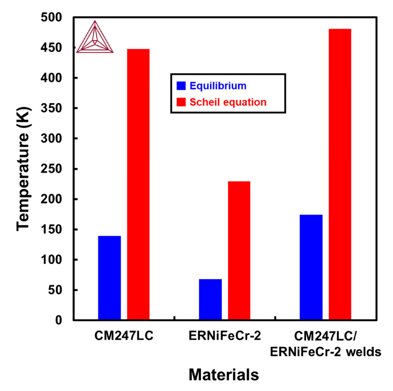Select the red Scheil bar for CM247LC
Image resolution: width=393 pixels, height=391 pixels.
138,184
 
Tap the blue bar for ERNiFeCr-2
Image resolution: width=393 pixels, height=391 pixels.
210,299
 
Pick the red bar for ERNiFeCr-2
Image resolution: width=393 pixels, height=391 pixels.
239,250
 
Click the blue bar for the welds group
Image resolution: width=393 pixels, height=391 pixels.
311,267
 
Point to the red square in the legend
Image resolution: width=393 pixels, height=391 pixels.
181,102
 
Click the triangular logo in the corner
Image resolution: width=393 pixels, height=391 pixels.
95,38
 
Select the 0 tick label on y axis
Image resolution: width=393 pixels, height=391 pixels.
59,320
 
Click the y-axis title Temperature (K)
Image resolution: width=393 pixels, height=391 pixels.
22,169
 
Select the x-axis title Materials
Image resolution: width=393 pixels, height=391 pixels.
223,374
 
